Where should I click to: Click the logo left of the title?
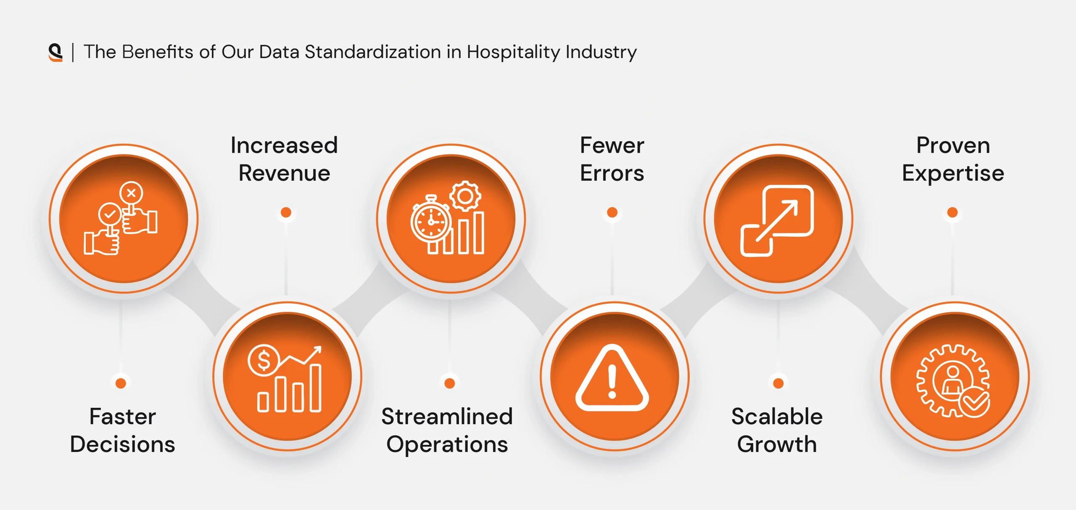(x=55, y=52)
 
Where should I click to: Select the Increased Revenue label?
(x=284, y=159)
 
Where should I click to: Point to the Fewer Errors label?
(x=612, y=159)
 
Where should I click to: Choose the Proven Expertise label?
(x=953, y=159)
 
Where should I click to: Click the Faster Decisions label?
(x=122, y=430)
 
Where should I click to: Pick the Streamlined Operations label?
(x=447, y=431)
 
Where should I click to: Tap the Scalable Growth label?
(x=777, y=430)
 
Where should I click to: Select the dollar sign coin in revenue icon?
(x=264, y=360)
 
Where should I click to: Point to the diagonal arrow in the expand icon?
(x=777, y=221)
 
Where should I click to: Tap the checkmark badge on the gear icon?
(x=974, y=402)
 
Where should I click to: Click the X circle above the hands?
(x=131, y=193)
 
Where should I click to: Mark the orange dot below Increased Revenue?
(x=286, y=212)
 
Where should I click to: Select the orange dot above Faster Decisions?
(x=121, y=383)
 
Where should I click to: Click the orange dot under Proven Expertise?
(x=952, y=212)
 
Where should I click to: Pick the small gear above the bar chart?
(x=465, y=196)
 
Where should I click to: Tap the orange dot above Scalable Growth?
(x=778, y=383)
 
